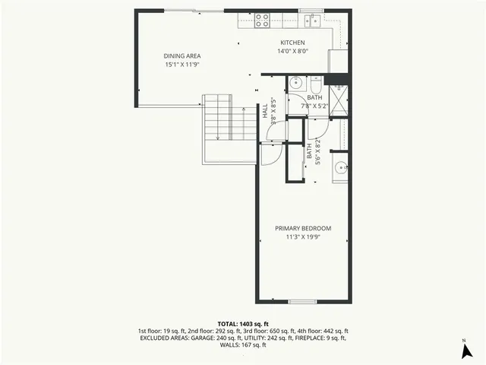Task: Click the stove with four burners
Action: pyautogui.click(x=263, y=21)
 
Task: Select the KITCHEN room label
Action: pyautogui.click(x=292, y=43)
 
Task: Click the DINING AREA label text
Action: pyautogui.click(x=183, y=56)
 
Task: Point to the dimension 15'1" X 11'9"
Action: pyautogui.click(x=183, y=65)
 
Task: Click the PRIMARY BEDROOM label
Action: pyautogui.click(x=303, y=229)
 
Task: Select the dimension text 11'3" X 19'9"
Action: pyautogui.click(x=303, y=238)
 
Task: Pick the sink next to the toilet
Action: pyautogui.click(x=295, y=82)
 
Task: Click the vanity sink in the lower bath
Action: pyautogui.click(x=342, y=167)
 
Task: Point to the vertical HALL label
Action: pyautogui.click(x=266, y=113)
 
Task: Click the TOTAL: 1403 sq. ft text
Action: pyautogui.click(x=243, y=324)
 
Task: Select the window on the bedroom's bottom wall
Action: pyautogui.click(x=301, y=302)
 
